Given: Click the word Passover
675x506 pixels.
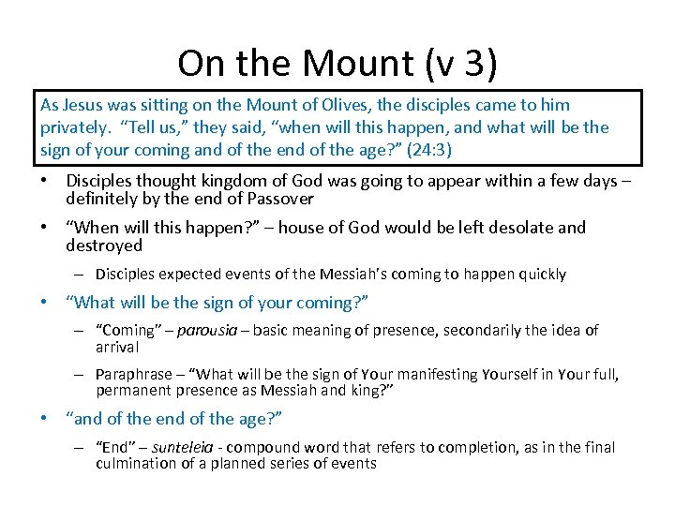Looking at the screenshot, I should click(x=277, y=199).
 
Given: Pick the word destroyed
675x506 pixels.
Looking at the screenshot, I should click(x=104, y=246).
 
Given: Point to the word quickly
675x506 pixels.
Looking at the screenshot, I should click(x=539, y=275).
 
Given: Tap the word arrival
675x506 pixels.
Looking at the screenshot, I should click(x=117, y=348).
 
